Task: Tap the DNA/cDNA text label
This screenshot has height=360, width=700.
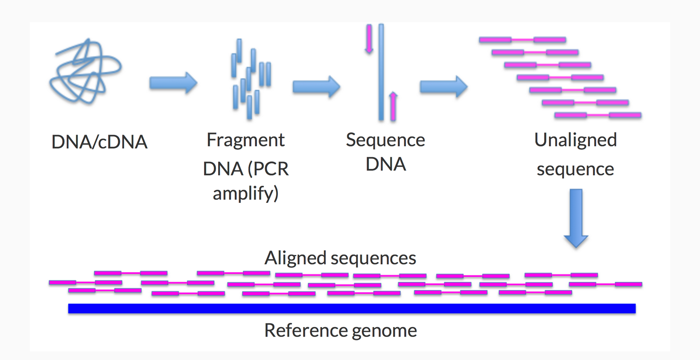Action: tap(99, 142)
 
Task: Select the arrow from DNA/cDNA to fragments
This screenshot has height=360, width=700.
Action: tap(173, 83)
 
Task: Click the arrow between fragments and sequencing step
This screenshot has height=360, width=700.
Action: tap(316, 87)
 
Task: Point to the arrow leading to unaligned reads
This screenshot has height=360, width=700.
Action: tap(444, 87)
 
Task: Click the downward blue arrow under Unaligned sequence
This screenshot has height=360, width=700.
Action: tap(576, 218)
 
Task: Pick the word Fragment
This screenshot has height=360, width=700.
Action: tap(245, 140)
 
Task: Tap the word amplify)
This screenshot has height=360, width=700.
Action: tap(245, 193)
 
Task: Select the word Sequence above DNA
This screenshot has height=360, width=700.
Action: tap(385, 140)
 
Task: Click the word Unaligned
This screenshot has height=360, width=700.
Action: tap(576, 140)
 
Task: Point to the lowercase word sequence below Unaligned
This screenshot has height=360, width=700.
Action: tap(575, 169)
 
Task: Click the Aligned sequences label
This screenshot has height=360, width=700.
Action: tap(340, 258)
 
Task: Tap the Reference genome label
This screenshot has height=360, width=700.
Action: tap(341, 330)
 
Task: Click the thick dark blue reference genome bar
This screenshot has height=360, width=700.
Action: tap(352, 308)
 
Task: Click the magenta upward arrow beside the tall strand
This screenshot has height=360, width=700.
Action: tap(394, 106)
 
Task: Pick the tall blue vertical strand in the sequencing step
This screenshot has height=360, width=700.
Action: tap(381, 72)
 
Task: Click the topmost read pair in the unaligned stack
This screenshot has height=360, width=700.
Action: tap(522, 40)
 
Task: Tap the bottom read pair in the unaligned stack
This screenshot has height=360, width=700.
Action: tap(598, 115)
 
